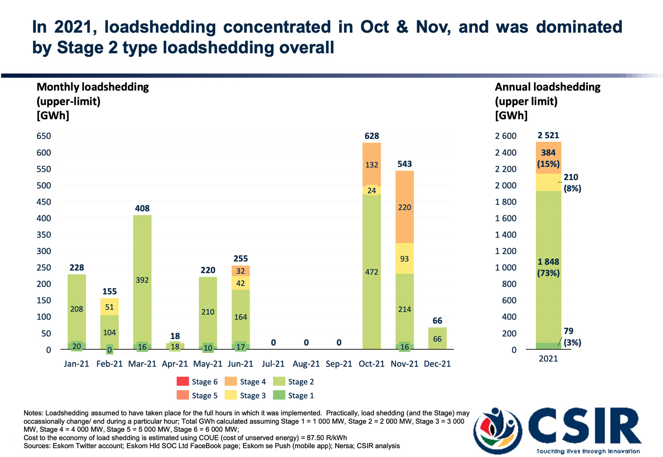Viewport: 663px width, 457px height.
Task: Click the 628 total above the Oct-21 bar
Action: pos(372,136)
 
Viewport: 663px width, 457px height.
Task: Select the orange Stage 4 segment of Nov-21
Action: pos(404,207)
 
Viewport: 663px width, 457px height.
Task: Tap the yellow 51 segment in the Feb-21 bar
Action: pos(110,307)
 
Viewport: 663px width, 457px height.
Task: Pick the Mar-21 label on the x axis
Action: pos(142,364)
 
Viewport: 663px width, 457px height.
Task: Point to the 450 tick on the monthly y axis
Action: pos(44,202)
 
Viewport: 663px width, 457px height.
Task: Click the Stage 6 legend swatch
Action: pos(183,381)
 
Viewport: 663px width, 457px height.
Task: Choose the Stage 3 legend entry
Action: pos(245,396)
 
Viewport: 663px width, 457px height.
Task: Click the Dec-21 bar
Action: pos(437,339)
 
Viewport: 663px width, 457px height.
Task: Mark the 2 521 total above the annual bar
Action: pos(548,136)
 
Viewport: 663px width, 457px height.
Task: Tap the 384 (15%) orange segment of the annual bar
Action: pos(548,158)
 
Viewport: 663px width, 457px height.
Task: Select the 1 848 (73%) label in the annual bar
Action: pos(548,267)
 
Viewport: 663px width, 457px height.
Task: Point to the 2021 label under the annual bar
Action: pos(548,359)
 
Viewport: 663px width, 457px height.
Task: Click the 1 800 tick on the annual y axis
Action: pos(506,202)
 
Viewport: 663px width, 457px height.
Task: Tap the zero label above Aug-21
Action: pos(306,343)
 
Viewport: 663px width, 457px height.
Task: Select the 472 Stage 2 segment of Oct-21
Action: pos(372,272)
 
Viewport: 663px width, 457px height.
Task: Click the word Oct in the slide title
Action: pos(374,27)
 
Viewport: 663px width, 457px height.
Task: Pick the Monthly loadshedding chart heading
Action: pos(93,87)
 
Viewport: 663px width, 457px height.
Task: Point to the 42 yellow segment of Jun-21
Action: pos(240,283)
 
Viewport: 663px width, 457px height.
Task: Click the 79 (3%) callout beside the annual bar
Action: pos(572,336)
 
